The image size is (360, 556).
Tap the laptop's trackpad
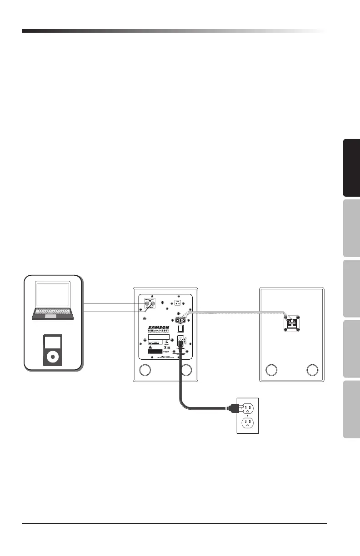click(x=53, y=315)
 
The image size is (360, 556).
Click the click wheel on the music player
click(x=53, y=357)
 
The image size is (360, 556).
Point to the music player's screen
click(x=53, y=342)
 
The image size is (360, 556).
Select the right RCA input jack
click(x=154, y=305)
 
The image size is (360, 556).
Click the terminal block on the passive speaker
click(x=291, y=323)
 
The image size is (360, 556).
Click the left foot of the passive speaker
click(x=271, y=371)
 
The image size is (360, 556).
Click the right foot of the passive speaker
click(x=312, y=371)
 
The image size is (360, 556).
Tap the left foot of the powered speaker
click(x=145, y=371)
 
